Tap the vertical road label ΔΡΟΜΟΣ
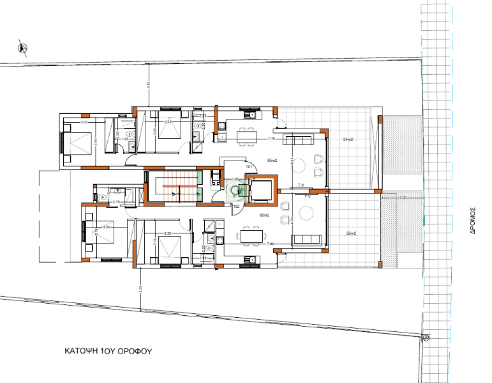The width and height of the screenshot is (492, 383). (x=473, y=221)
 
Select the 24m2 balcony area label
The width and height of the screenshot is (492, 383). (x=348, y=139)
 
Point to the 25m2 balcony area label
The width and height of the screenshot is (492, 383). (x=350, y=231)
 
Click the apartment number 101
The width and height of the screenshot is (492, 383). (x=250, y=168)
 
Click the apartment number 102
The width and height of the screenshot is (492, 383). (x=235, y=207)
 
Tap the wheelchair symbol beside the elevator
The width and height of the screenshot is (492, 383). (x=237, y=190)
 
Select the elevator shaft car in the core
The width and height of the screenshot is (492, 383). (x=260, y=190)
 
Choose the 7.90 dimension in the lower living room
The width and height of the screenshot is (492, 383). (x=270, y=244)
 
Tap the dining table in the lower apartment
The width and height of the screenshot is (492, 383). (x=251, y=237)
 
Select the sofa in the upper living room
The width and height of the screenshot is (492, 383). (x=297, y=139)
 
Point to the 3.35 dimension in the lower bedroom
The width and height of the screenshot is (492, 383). (x=168, y=233)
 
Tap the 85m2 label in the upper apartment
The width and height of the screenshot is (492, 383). (x=271, y=159)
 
